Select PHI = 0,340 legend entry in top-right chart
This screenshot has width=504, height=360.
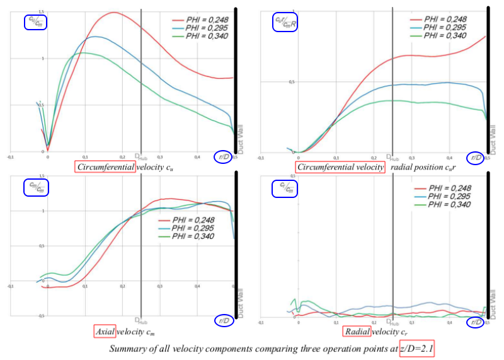[x=445, y=36]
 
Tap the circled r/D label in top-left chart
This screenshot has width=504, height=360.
[x=222, y=157]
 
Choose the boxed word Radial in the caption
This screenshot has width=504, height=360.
[x=357, y=332]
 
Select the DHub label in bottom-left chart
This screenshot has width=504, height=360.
[x=140, y=321]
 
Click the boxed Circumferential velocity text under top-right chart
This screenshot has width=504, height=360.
[x=340, y=167]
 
